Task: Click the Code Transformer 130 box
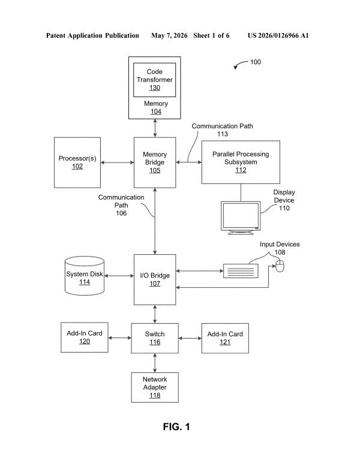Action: point(154,80)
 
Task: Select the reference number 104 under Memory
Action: point(156,112)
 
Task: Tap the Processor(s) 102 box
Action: point(77,162)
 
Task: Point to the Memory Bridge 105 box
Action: point(155,162)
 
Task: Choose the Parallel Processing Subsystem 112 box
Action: point(241,162)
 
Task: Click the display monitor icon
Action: point(241,218)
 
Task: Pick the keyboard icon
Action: point(241,271)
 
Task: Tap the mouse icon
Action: point(280,266)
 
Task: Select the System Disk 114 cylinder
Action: point(85,276)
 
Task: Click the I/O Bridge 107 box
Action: point(155,279)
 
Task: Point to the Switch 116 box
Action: point(155,338)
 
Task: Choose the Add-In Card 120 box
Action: point(85,338)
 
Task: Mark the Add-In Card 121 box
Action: point(225,338)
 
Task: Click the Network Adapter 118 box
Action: point(155,387)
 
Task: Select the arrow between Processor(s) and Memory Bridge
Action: point(117,162)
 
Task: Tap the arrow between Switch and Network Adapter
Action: point(155,363)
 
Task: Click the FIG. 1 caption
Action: point(176,427)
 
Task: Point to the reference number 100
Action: point(256,62)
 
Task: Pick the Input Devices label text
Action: point(280,244)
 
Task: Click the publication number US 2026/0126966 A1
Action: point(278,35)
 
